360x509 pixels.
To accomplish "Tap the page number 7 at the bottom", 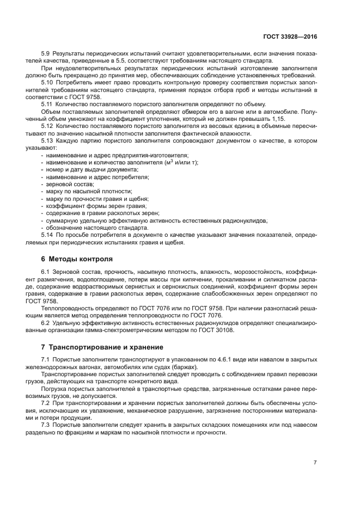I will click(x=315, y=462).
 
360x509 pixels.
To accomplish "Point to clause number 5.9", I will click(x=46, y=53).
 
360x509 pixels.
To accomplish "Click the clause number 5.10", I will click(x=47, y=82).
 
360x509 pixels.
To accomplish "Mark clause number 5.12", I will click(x=47, y=125).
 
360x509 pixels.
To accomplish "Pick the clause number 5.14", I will click(x=47, y=235).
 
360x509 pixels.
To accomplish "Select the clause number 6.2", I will click(x=46, y=323).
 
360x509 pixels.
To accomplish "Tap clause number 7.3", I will click(x=46, y=425).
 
